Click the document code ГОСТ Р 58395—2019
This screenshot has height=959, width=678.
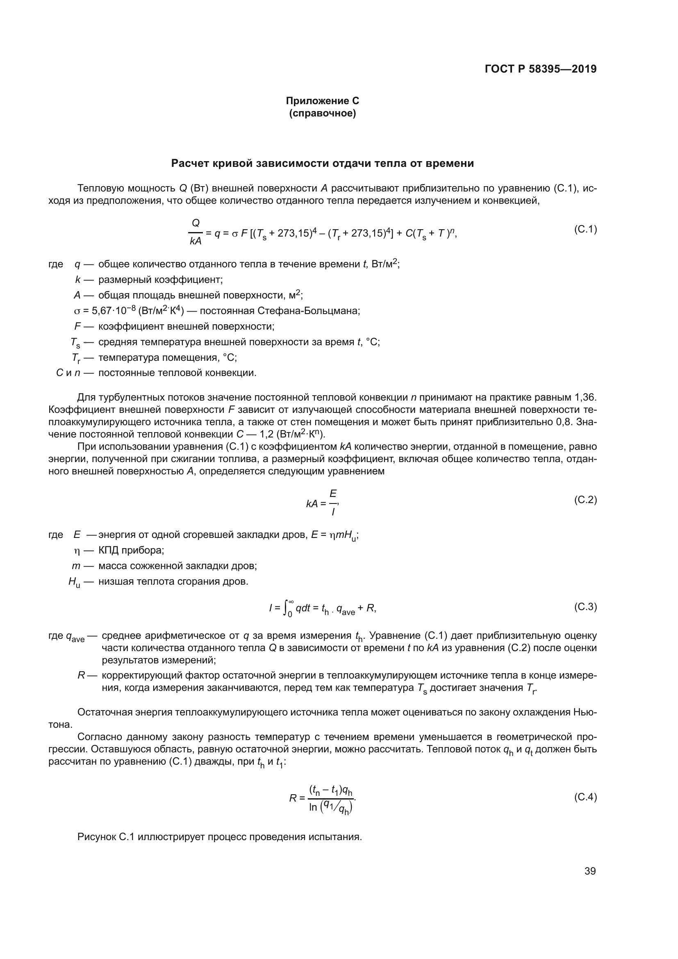(x=541, y=69)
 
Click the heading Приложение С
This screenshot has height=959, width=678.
(x=322, y=101)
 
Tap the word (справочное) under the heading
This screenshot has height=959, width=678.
(x=322, y=113)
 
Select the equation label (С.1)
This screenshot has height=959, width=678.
(x=585, y=229)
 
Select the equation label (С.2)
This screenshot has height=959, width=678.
(x=585, y=499)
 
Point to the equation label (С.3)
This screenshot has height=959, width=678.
(x=585, y=606)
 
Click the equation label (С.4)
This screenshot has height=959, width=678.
(x=585, y=797)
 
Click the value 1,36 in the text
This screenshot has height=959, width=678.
(x=585, y=397)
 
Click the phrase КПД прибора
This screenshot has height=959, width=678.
(x=131, y=551)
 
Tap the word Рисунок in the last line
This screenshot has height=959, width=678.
(x=96, y=837)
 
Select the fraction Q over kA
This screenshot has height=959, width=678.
(x=195, y=232)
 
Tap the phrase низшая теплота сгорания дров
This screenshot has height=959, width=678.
(x=173, y=581)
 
